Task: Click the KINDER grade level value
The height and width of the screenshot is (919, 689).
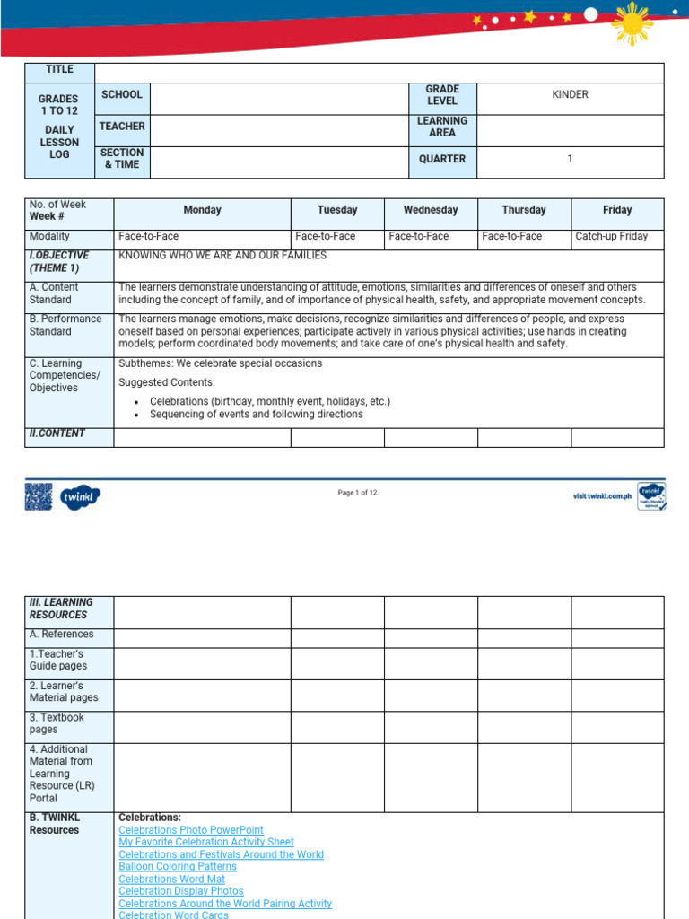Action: (570, 94)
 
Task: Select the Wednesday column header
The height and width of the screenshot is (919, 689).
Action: (431, 210)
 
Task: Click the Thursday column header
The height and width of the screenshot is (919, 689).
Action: (524, 210)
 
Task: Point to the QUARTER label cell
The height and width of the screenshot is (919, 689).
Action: (442, 159)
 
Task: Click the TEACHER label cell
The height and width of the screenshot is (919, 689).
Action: (122, 127)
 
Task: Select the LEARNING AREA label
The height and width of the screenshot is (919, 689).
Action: (442, 127)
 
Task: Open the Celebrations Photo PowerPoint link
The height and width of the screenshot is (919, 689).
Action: (191, 831)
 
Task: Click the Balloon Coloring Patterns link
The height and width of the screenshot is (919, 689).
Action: (178, 867)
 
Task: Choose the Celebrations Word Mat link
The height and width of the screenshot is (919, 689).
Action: (172, 880)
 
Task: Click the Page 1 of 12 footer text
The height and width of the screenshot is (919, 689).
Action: (357, 493)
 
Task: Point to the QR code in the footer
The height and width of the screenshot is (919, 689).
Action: (39, 496)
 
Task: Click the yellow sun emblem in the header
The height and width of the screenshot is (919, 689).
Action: (632, 24)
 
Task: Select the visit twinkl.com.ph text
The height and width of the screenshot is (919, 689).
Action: (602, 496)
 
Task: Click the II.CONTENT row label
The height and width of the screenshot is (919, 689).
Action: (57, 433)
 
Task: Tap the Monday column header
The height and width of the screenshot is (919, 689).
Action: (202, 210)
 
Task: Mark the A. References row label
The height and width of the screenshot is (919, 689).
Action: (61, 635)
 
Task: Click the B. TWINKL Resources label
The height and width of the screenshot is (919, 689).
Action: (55, 824)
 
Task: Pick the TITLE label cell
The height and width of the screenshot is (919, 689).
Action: (58, 69)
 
